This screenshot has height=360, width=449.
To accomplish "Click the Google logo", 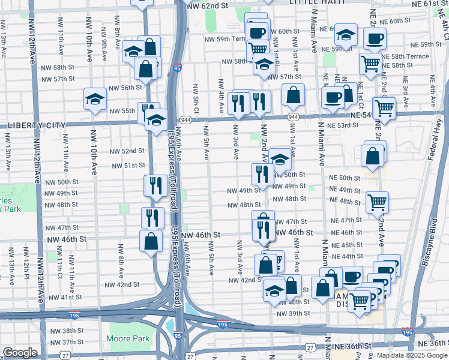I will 19,353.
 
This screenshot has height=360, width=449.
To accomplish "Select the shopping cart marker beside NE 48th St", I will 377,203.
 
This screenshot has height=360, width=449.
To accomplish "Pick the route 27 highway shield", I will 309,347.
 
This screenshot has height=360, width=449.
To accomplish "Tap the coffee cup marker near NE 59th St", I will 375,39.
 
